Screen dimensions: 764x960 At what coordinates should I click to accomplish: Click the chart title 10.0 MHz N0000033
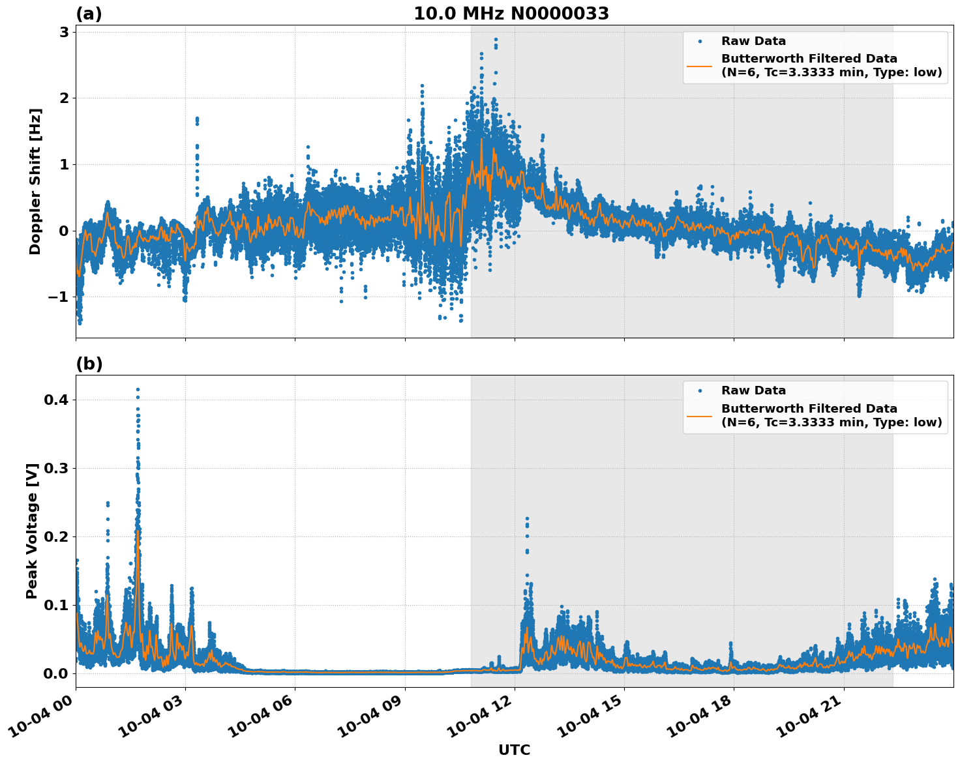pyautogui.click(x=511, y=14)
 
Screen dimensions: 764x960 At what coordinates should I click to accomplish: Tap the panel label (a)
pyautogui.click(x=89, y=14)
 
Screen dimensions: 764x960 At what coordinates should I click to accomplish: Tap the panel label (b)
pyautogui.click(x=89, y=364)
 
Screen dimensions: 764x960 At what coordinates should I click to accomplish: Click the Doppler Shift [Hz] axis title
pyautogui.click(x=35, y=182)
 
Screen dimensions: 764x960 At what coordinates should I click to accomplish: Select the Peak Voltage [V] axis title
pyautogui.click(x=32, y=531)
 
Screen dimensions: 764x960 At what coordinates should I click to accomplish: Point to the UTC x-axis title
pyautogui.click(x=514, y=750)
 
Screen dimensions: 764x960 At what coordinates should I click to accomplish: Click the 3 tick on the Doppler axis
pyautogui.click(x=64, y=33)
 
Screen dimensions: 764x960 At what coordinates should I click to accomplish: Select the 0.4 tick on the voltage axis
pyautogui.click(x=55, y=400)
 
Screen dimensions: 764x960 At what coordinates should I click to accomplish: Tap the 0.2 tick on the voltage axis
pyautogui.click(x=55, y=536)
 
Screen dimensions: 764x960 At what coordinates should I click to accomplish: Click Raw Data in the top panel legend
pyautogui.click(x=753, y=42)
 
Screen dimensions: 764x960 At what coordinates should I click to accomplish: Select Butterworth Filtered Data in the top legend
pyautogui.click(x=809, y=59)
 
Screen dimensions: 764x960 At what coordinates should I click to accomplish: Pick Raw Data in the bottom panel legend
pyautogui.click(x=753, y=390)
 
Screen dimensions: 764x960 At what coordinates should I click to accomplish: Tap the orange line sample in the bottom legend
pyautogui.click(x=699, y=415)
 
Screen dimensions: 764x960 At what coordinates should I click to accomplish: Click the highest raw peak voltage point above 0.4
pyautogui.click(x=138, y=389)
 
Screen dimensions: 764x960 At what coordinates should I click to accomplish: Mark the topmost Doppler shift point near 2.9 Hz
pyautogui.click(x=496, y=40)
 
